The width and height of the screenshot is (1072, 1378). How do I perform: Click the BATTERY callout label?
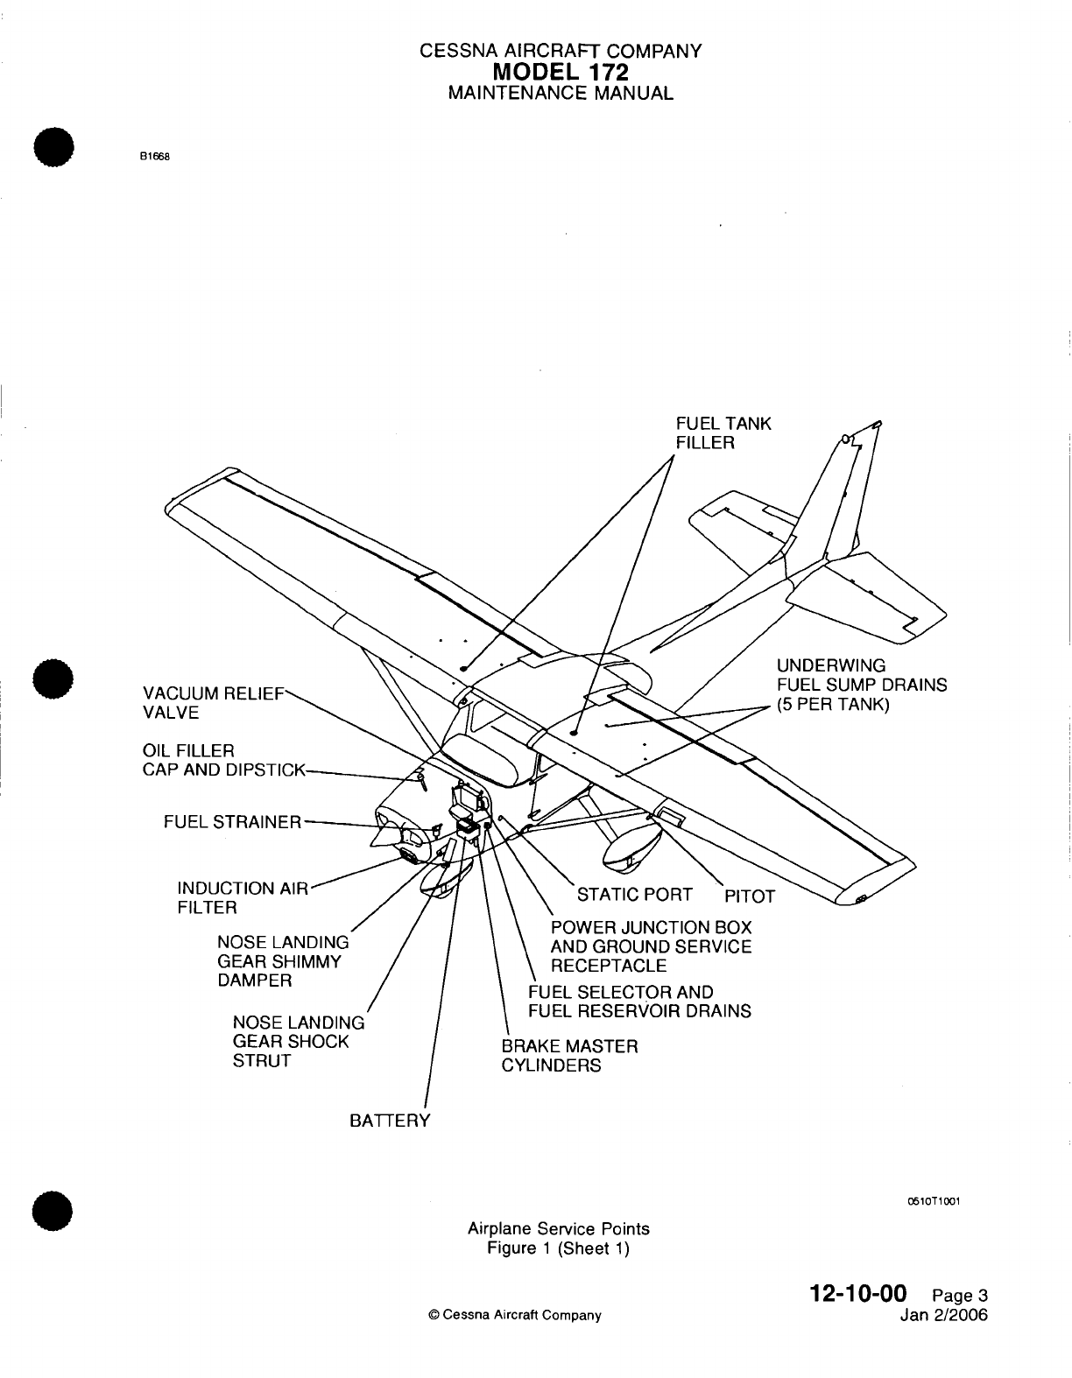(x=390, y=1121)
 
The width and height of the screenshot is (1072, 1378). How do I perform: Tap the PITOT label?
(x=750, y=896)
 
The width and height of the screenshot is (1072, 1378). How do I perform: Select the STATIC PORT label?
(x=635, y=895)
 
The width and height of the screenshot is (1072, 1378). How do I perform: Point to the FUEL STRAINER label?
(x=232, y=822)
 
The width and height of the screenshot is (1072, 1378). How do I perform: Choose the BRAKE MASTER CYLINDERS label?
(x=569, y=1056)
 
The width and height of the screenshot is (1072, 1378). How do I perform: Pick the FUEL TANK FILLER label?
(x=723, y=432)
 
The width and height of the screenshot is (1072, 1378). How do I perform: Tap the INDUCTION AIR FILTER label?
(x=243, y=898)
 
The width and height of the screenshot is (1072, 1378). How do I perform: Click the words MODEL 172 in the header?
(x=561, y=72)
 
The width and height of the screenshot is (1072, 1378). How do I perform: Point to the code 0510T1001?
(x=934, y=1200)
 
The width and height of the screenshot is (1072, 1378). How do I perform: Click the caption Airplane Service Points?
(x=559, y=1228)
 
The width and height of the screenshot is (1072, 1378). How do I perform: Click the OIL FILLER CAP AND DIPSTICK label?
(x=223, y=761)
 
